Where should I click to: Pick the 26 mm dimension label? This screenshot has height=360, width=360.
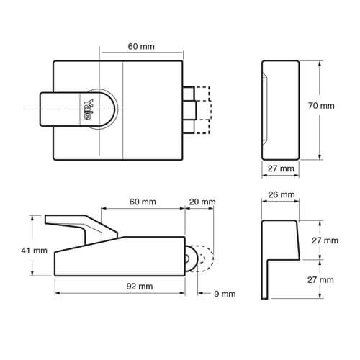click(x=282, y=195)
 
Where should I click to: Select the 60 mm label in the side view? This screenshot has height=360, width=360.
click(x=143, y=202)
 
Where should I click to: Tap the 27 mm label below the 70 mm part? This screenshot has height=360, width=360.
click(x=282, y=168)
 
